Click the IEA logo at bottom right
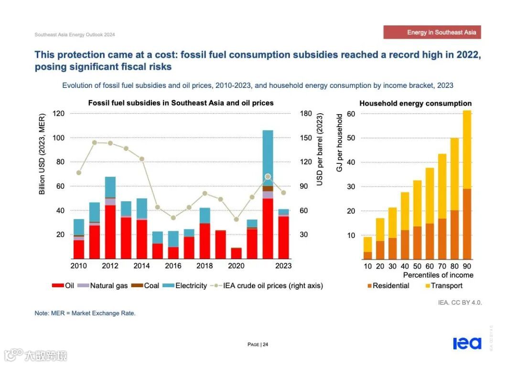[x=467, y=343]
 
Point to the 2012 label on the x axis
[x=110, y=266]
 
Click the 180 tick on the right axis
[x=306, y=114]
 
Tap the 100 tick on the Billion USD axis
[x=58, y=138]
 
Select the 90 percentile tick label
[x=467, y=266]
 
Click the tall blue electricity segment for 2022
[x=268, y=158]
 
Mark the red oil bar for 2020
[x=236, y=253]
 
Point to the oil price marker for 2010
[x=79, y=173]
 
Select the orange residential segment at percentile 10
[x=367, y=255]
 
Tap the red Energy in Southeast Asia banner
[x=432, y=32]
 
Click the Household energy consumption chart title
[x=415, y=103]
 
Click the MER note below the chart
[x=85, y=313]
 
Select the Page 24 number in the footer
[x=258, y=344]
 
